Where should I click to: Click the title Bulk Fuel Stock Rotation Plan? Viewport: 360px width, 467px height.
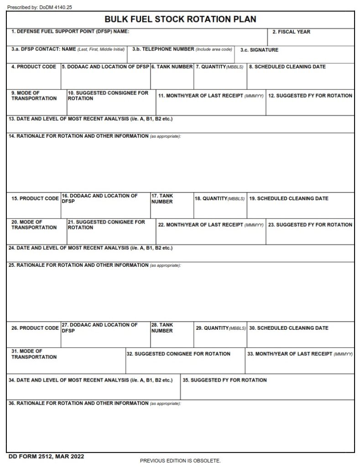(x=180, y=19)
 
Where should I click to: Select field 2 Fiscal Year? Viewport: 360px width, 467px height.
(x=310, y=37)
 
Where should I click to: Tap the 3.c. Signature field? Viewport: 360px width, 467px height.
(x=294, y=55)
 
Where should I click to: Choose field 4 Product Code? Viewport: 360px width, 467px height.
(x=34, y=77)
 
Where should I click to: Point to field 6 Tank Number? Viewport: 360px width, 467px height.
(x=172, y=77)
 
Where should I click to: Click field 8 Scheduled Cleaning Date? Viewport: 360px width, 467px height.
(x=300, y=77)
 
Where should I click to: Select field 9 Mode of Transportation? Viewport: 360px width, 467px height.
(x=37, y=103)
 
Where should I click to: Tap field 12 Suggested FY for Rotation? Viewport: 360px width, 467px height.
(x=310, y=103)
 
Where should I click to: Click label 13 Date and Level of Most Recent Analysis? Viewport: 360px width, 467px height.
(x=90, y=119)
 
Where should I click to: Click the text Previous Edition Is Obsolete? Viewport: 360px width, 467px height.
(x=180, y=461)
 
